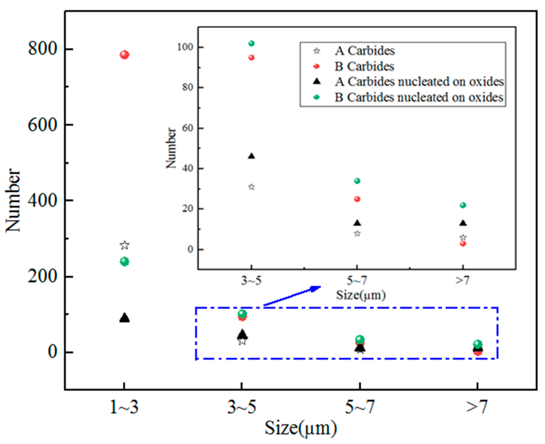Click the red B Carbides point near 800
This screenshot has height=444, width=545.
(x=124, y=55)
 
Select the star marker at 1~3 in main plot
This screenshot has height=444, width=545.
(x=125, y=245)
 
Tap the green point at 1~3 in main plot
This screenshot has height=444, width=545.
(x=125, y=261)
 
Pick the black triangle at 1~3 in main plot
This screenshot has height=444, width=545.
(x=125, y=318)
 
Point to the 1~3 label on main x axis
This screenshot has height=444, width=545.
(x=124, y=407)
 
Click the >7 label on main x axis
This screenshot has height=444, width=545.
(x=477, y=407)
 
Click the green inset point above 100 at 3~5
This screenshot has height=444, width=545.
(x=251, y=43)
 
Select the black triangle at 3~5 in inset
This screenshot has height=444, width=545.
(x=251, y=156)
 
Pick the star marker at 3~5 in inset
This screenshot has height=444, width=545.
(x=251, y=187)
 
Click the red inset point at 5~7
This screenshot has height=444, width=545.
(x=357, y=199)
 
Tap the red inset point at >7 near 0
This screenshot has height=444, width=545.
(x=463, y=244)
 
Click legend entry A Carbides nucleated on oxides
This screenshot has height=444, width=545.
(x=419, y=82)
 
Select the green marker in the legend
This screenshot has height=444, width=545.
(x=317, y=97)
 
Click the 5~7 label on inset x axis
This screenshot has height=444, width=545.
(x=357, y=280)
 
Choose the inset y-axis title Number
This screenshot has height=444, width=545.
(x=171, y=148)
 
